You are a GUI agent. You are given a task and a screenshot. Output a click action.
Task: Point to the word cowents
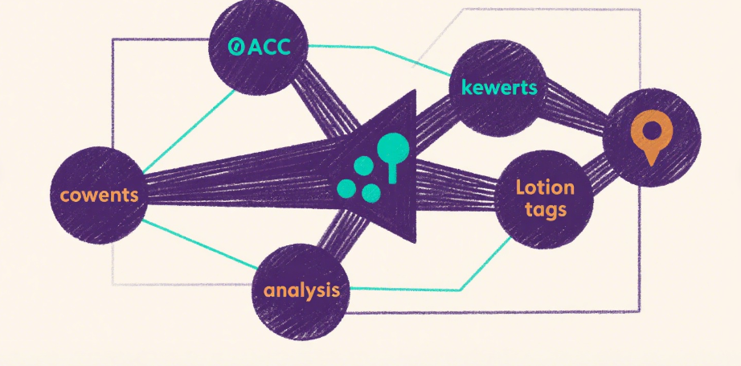pos(99,195)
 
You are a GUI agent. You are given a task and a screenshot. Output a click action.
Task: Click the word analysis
pos(301,290)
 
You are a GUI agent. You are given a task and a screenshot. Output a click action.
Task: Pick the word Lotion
pos(545,188)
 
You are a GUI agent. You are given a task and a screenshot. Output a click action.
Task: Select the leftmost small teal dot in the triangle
pos(346,188)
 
